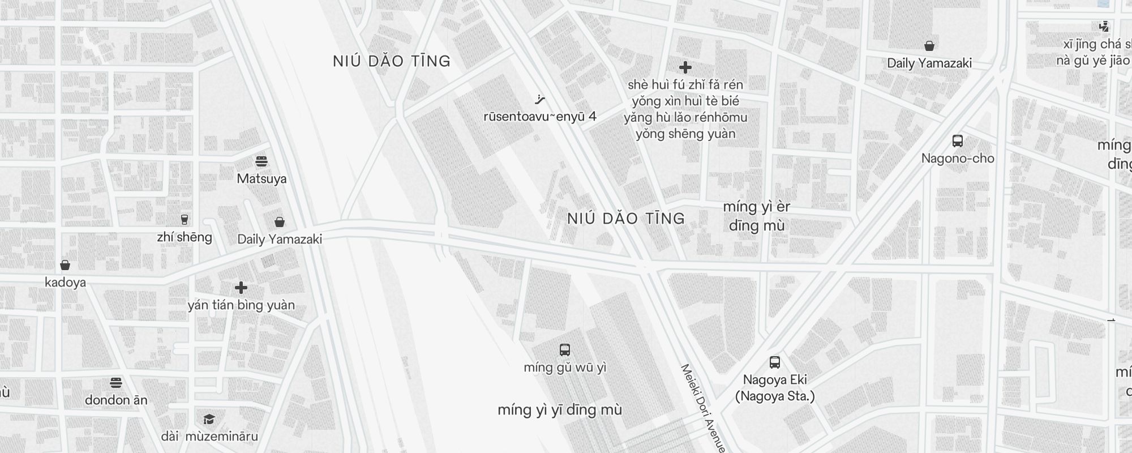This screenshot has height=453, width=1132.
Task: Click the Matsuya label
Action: tap(261, 179)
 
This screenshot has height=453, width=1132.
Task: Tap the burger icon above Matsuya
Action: tap(261, 161)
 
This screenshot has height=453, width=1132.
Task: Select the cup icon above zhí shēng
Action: tap(184, 219)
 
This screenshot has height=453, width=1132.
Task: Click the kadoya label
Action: tap(65, 283)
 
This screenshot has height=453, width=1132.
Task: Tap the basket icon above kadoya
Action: tap(65, 265)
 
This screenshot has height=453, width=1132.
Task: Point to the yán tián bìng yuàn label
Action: tap(241, 305)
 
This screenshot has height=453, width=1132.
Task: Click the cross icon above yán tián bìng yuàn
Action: tap(241, 288)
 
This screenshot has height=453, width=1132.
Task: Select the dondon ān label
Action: tap(116, 400)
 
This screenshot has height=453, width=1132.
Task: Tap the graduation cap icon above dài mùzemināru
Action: tap(209, 420)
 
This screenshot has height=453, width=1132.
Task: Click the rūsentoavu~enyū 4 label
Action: tap(539, 117)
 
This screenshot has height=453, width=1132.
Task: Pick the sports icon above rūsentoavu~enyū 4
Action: tap(539, 100)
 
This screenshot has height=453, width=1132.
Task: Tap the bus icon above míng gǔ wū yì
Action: tap(565, 349)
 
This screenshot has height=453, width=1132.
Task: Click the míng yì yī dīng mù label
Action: tap(560, 410)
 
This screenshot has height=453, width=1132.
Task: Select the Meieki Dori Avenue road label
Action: tap(702, 408)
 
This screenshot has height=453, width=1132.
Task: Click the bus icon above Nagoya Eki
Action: tap(775, 362)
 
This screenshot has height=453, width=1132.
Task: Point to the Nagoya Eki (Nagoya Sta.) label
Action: tap(775, 388)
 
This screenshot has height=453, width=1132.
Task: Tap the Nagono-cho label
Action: tap(958, 159)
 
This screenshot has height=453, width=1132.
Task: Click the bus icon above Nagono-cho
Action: tap(958, 141)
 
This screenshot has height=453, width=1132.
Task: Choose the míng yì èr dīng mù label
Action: tap(757, 216)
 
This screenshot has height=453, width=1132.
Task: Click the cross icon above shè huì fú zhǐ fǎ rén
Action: tap(685, 67)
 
